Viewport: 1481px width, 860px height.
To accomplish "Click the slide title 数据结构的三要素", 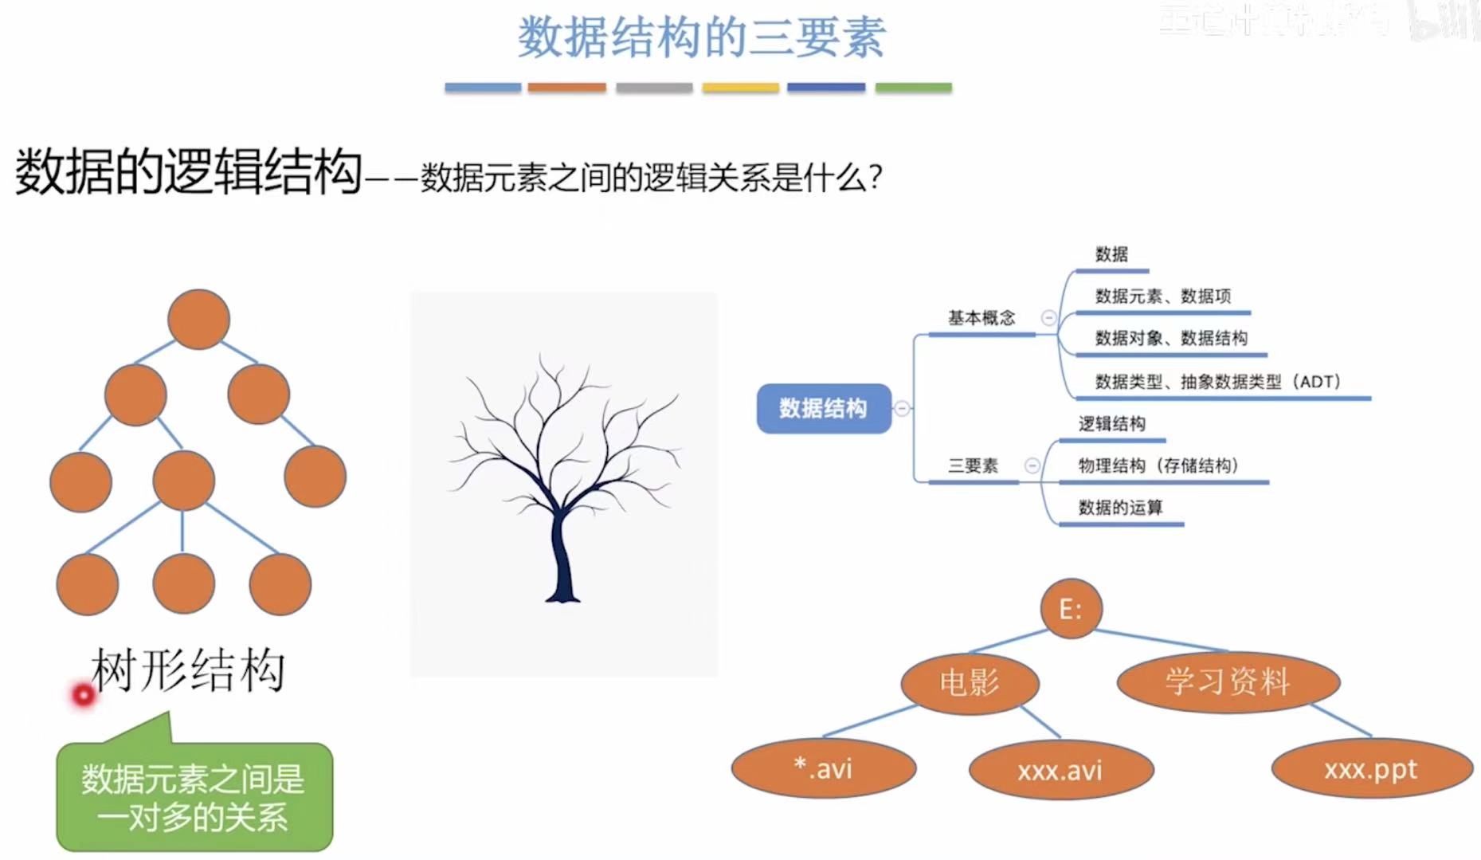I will click(701, 37).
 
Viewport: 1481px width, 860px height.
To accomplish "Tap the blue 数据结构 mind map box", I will click(823, 409).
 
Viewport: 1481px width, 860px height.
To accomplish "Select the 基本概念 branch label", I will click(981, 318).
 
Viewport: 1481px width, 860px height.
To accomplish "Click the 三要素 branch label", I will click(973, 465).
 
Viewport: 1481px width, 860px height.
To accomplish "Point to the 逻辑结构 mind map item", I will click(1111, 424).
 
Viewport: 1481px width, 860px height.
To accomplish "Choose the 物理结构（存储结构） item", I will click(1158, 465).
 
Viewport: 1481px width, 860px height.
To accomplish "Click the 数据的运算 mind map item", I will click(1120, 508).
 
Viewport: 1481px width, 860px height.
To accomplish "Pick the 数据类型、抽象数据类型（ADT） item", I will click(1217, 382).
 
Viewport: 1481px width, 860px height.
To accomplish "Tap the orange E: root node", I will click(1071, 610).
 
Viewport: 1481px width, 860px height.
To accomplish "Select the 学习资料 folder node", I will click(1228, 681).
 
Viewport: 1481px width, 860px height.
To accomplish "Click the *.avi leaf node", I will click(823, 769).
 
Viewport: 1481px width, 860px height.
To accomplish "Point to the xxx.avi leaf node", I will click(1060, 770).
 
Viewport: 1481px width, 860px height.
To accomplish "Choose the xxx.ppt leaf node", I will click(1371, 769).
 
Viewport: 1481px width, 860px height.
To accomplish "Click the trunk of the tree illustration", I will click(562, 558).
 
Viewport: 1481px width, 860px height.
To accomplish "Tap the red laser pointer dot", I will click(83, 695).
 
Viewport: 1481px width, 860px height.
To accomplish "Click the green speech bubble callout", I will click(194, 797).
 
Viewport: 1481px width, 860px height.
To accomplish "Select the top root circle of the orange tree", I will click(198, 320).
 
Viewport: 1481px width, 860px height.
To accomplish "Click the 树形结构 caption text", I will click(188, 670).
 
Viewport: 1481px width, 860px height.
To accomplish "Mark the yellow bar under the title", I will click(740, 88).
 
